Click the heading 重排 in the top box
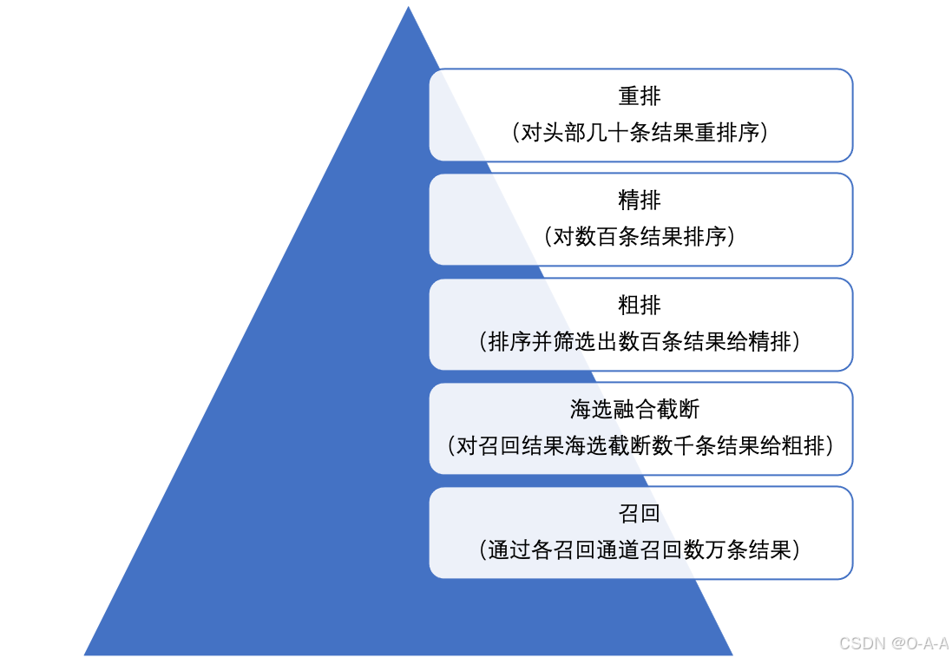[x=640, y=96]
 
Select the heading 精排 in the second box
[x=640, y=201]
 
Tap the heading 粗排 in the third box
[x=640, y=306]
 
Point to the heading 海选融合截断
[x=640, y=410]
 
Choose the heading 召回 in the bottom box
[x=640, y=514]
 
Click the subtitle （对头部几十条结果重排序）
[x=640, y=133]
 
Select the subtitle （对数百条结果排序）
[x=640, y=237]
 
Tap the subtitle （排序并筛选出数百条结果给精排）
[x=640, y=342]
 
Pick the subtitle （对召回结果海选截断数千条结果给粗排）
[x=640, y=446]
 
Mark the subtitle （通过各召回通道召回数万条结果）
[x=640, y=550]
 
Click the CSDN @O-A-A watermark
[x=892, y=643]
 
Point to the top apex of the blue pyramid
[x=408, y=5]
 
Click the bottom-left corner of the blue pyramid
[x=84, y=655]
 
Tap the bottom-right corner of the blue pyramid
[x=733, y=655]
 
